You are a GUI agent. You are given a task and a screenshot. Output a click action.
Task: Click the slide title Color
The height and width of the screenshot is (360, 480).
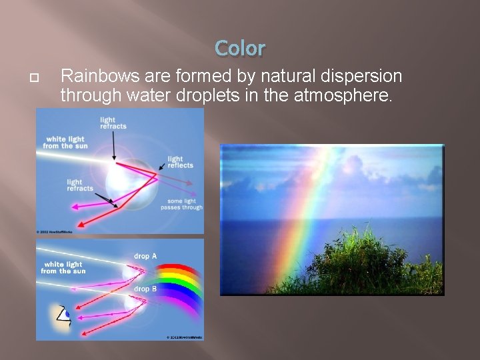[x=240, y=48]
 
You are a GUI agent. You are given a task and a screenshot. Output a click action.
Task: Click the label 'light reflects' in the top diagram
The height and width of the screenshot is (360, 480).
[x=180, y=162]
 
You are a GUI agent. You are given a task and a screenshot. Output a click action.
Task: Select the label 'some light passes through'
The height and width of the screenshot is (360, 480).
[x=181, y=204]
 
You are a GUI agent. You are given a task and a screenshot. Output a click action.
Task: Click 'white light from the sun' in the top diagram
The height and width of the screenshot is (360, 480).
[x=65, y=142]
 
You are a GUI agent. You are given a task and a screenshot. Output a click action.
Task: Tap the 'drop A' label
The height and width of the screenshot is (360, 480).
[x=145, y=256]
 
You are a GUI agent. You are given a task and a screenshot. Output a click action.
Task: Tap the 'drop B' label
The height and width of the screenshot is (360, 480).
[x=145, y=289]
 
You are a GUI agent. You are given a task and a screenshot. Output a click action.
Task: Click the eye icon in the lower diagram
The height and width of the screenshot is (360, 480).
[x=63, y=315]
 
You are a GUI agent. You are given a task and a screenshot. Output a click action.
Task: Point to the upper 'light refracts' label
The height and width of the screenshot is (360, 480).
[x=113, y=123]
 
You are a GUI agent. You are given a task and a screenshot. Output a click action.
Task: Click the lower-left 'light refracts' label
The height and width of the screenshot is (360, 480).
[x=80, y=185]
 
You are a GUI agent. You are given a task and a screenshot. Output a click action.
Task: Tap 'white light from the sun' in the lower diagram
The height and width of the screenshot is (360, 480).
[x=63, y=268]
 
